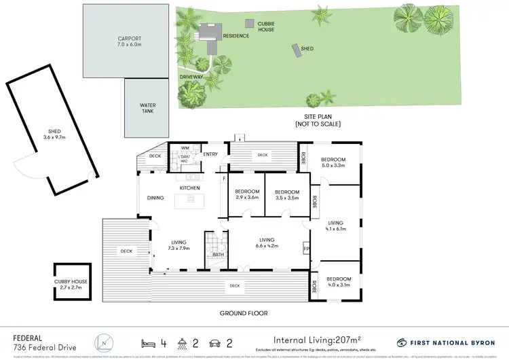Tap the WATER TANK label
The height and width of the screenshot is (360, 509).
[149, 108]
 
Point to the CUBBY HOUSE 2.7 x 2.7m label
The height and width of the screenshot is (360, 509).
[71, 284]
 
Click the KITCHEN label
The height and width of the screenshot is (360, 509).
[188, 187]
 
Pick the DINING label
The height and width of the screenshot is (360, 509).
[155, 198]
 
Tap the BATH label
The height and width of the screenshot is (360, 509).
[217, 255]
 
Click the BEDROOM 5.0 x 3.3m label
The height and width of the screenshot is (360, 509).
[335, 162]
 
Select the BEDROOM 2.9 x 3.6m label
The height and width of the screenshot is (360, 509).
[246, 195]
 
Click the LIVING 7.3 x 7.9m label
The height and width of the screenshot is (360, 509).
[179, 245]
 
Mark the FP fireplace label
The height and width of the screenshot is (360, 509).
[306, 249]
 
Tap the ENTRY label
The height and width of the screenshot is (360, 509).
[210, 154]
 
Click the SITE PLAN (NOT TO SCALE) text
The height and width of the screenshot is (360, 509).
[318, 121]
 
